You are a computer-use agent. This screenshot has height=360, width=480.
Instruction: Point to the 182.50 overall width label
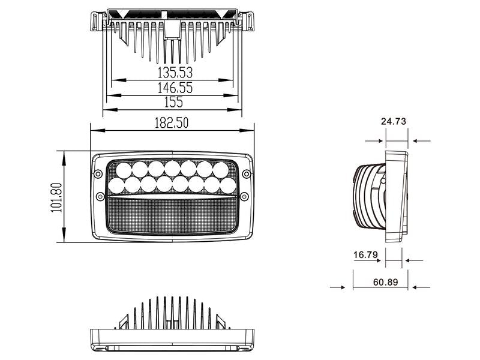click(x=172, y=123)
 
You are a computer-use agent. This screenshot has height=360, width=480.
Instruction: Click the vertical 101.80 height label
click(x=56, y=197)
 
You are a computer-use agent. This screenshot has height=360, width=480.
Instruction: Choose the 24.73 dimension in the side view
click(x=394, y=121)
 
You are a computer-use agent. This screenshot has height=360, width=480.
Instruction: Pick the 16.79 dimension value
click(x=365, y=255)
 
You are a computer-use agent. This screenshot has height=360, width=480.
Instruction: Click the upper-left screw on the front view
click(x=97, y=173)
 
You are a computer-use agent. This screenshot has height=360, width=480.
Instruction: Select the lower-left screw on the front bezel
click(x=100, y=196)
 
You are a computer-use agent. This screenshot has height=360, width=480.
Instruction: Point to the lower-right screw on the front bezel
click(x=245, y=196)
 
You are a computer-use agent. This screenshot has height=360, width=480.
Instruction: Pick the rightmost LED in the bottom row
click(x=226, y=185)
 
